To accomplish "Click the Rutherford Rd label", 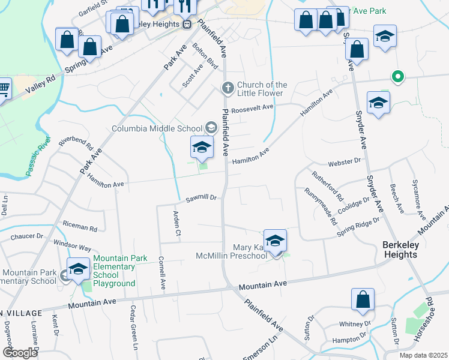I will coord(328,186).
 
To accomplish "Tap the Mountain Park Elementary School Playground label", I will coord(113,271).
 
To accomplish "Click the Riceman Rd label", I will coord(79,227).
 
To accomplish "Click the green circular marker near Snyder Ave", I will coord(397,76).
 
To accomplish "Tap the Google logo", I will coord(20,352).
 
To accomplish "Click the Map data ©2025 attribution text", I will coord(424,355).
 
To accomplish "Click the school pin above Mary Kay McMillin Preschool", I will coord(276,241).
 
